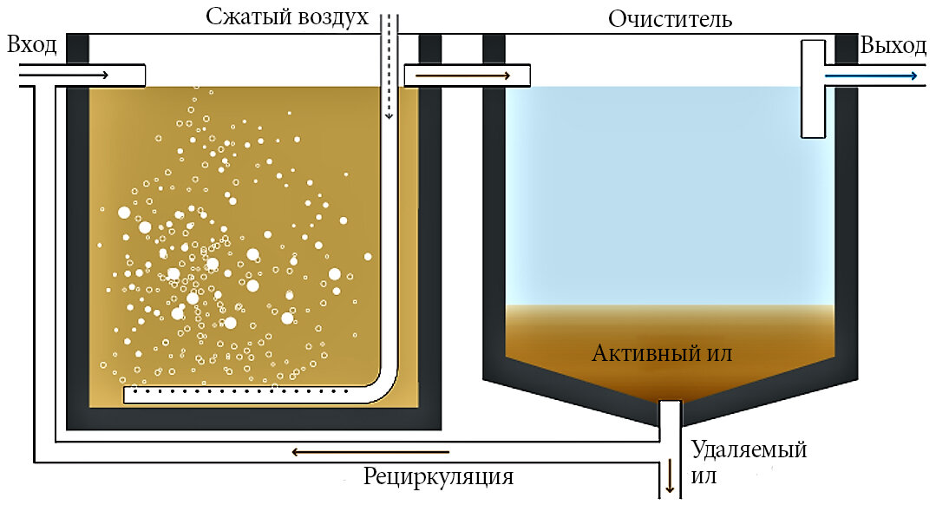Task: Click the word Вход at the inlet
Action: (31, 45)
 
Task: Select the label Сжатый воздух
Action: (287, 17)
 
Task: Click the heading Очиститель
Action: (671, 19)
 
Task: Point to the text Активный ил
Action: (663, 353)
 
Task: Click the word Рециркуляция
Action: (438, 476)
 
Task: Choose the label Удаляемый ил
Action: (749, 462)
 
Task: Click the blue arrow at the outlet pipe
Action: (871, 75)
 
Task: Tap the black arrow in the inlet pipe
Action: (65, 75)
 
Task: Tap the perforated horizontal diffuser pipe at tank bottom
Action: (243, 395)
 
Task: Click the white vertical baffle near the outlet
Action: (813, 95)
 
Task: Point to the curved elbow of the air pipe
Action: (384, 382)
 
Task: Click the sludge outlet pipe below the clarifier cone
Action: (670, 434)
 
